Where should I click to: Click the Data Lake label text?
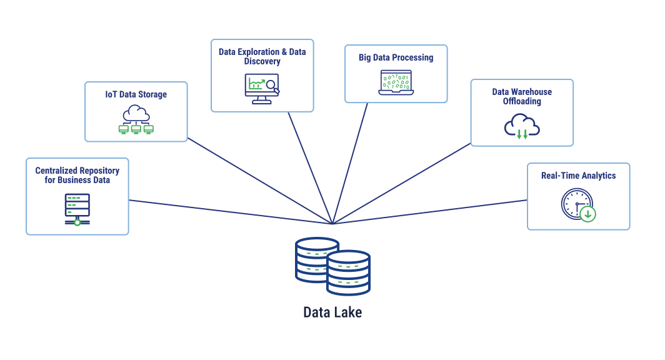point(332,312)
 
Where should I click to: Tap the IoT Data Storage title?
point(136,94)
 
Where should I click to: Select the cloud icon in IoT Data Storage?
point(136,114)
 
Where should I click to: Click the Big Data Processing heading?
point(396,57)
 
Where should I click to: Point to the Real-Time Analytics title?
point(578,176)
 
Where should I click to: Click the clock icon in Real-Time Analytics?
point(576,204)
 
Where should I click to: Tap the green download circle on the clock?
point(587,214)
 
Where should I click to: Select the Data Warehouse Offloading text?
point(522,96)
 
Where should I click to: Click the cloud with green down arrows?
point(522,126)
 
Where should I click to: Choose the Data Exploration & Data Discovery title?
point(262,56)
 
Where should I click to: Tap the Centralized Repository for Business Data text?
point(77,175)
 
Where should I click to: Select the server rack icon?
point(77,208)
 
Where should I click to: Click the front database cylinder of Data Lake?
point(348,273)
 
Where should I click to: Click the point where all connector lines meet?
point(332,224)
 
